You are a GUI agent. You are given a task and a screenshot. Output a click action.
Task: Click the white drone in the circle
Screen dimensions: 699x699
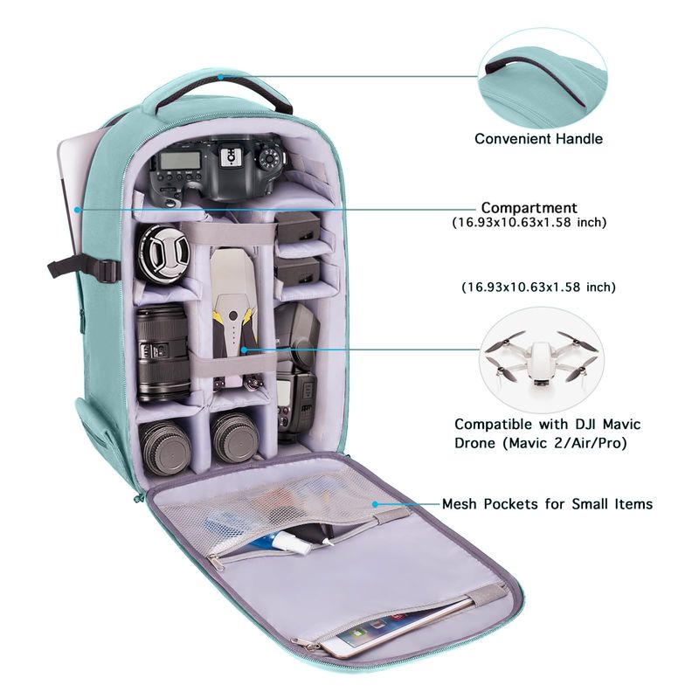(541, 359)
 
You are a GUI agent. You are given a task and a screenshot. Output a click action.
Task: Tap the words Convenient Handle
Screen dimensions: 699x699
(538, 139)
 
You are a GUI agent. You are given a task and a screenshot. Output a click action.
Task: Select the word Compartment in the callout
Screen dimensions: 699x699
(529, 208)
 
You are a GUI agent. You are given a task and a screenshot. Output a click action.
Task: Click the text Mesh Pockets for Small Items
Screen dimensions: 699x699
(548, 504)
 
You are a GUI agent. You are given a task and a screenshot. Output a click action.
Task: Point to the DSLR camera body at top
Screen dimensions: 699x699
(217, 170)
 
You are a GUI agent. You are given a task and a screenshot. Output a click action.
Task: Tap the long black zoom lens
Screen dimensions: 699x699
(163, 352)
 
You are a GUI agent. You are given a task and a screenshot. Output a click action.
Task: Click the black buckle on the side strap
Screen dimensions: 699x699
(107, 271)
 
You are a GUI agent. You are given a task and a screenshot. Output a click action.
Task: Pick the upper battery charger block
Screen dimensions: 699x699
(298, 227)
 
